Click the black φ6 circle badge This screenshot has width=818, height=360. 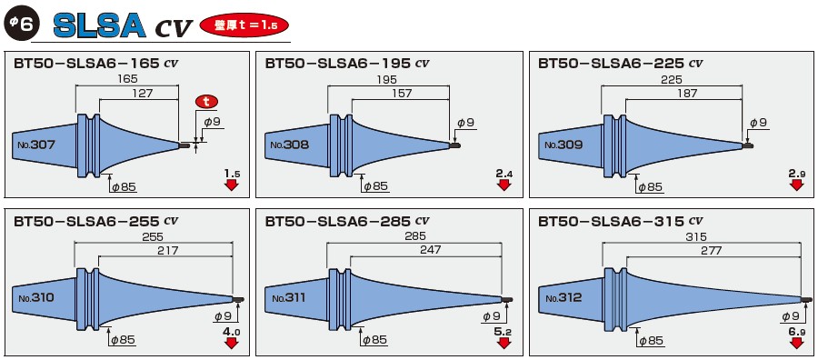[21, 25]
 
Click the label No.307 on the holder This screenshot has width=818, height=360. [35, 145]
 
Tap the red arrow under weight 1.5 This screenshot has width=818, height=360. [231, 185]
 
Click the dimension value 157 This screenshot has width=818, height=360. [401, 93]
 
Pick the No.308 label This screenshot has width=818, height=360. [289, 145]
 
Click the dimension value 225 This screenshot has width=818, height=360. [672, 80]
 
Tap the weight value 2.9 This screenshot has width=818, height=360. [796, 173]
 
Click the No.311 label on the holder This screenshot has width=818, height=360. [289, 298]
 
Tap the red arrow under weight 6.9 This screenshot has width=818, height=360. [796, 343]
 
